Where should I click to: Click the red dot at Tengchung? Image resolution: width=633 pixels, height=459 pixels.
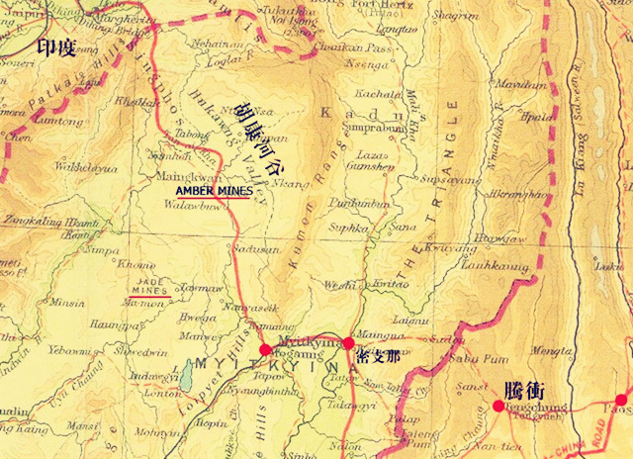click(x=497, y=406)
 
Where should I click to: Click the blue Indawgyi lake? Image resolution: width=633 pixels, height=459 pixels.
click(x=185, y=375)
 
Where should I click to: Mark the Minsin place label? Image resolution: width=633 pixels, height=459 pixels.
click(x=67, y=302)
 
